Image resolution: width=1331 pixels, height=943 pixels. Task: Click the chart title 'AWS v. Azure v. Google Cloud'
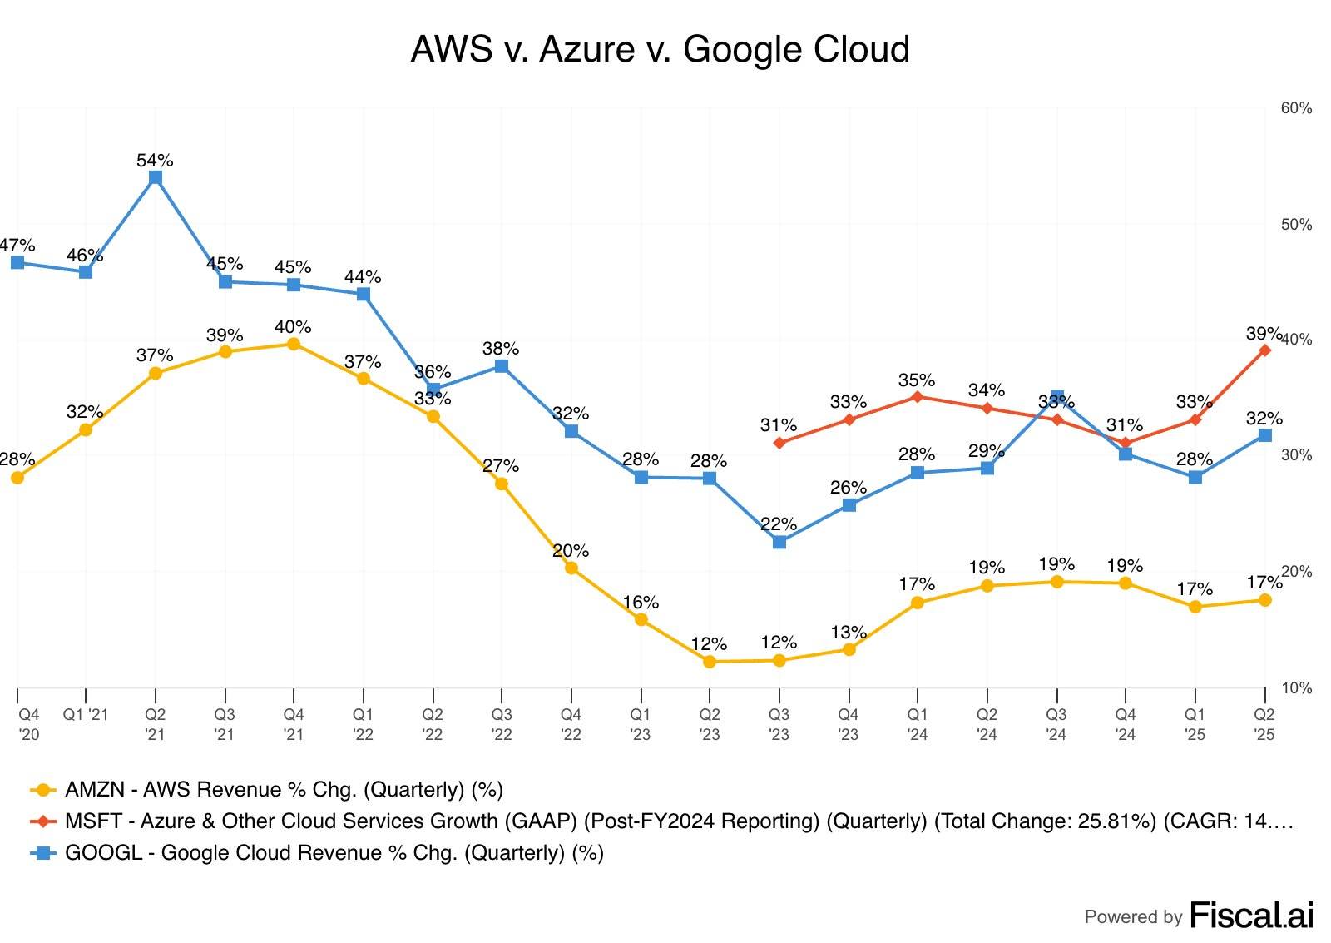660,50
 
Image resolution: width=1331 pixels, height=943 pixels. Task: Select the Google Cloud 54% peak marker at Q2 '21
156,177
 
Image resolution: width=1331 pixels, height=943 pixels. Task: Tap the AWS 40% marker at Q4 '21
294,344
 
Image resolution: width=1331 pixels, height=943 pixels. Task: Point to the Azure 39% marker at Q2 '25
1264,350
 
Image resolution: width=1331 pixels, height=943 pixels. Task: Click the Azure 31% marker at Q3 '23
779,443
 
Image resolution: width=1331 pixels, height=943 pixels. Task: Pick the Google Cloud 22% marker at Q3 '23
779,542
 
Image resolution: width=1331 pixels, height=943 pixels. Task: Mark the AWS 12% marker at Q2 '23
710,662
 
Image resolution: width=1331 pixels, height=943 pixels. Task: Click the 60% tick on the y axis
1296,108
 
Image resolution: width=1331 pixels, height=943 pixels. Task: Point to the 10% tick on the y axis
1296,688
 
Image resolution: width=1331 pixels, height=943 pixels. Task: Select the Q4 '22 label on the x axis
571,724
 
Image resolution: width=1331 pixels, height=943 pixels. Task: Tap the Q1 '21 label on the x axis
86,714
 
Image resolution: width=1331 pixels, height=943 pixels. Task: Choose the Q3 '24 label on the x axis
1056,724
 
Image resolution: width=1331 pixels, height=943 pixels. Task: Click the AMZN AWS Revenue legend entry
284,789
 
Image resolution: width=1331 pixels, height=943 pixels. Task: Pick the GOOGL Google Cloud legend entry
334,852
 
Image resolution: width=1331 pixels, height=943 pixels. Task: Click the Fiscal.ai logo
1251,916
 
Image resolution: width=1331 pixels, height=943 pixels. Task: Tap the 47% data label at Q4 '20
17,246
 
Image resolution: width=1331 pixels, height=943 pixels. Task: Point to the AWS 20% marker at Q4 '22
571,568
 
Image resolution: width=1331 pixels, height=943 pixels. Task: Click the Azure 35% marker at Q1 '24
918,396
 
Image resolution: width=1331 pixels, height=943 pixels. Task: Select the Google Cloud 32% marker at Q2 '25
1264,435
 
